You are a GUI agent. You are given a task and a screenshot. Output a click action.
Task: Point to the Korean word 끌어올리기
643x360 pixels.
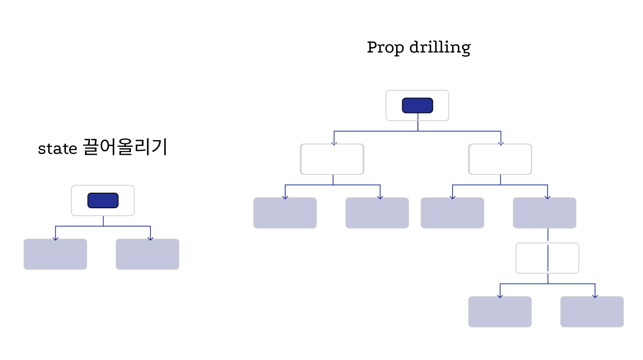(x=125, y=147)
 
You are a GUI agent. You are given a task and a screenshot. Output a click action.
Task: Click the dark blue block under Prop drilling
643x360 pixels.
(x=417, y=105)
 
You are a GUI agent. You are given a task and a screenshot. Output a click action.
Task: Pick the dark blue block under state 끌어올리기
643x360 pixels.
(x=103, y=200)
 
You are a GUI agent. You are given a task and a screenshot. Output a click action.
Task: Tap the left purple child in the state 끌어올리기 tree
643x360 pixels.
(x=55, y=254)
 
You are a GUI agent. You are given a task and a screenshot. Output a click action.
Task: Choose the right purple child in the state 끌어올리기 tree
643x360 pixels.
(x=147, y=254)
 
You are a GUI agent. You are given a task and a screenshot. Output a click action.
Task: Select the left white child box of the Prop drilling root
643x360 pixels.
(x=332, y=159)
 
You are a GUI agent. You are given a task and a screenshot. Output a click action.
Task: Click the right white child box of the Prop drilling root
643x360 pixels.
(x=500, y=159)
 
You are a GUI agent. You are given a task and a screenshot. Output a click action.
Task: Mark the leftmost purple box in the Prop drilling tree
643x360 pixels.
(x=285, y=213)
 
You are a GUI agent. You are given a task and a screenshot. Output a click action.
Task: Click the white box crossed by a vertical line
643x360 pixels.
(x=547, y=258)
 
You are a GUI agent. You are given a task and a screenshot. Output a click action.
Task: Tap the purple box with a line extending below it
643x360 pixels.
(x=544, y=213)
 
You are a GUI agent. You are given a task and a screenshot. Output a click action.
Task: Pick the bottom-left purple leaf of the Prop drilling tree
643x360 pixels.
(x=500, y=311)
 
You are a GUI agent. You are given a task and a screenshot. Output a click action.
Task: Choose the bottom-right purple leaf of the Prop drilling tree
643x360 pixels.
(x=592, y=311)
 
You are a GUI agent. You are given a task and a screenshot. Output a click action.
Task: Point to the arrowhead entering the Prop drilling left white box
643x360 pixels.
(x=334, y=143)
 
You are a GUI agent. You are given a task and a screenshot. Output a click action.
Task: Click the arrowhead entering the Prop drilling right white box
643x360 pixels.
(x=501, y=143)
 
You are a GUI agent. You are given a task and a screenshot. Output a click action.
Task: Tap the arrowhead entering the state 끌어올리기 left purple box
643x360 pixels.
(x=55, y=238)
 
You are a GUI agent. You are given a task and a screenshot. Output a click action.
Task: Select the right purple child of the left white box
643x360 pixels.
(x=377, y=213)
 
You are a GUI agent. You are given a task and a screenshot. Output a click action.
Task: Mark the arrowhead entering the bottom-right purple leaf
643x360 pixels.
(x=595, y=295)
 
